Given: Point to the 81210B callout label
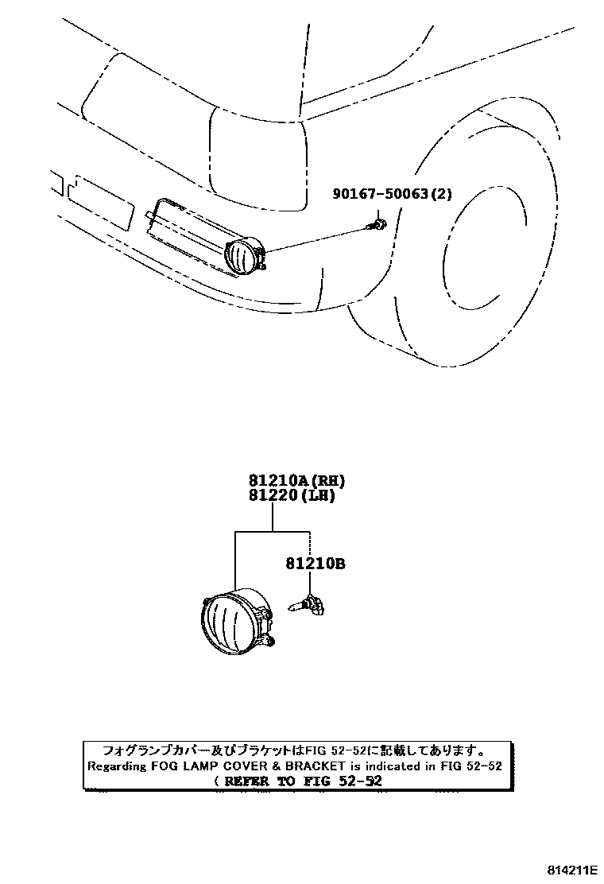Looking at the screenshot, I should pos(315,564).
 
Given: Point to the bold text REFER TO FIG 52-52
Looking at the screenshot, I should pos(304,781).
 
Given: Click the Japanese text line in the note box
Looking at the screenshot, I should pos(292,750).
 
